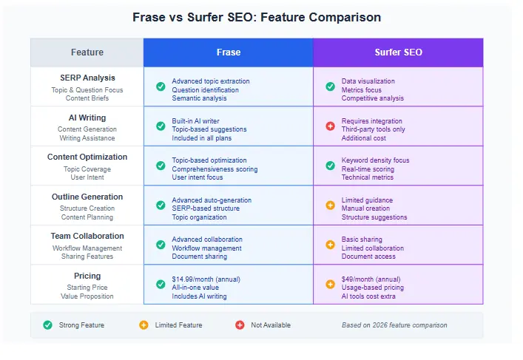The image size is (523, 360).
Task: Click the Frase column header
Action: [x=228, y=52]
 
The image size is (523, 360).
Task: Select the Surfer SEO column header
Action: [x=398, y=52]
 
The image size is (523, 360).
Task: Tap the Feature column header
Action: [x=87, y=52]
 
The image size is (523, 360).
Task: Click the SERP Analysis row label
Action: [x=87, y=78]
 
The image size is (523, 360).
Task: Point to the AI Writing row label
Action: [x=87, y=118]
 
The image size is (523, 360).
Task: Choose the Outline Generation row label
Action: [x=87, y=197]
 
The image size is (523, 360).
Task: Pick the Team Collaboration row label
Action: [x=87, y=237]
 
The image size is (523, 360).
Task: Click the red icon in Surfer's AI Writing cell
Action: [x=330, y=126]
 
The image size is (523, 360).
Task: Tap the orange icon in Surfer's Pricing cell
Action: [x=330, y=285]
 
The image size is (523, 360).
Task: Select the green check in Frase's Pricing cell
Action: [x=161, y=285]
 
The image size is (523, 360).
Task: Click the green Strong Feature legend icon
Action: [x=48, y=325]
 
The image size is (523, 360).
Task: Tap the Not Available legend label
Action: [x=271, y=325]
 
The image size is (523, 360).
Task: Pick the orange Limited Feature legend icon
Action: [x=144, y=325]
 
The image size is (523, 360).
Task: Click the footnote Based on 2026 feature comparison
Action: [x=394, y=325]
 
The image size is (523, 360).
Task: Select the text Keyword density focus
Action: [x=375, y=160]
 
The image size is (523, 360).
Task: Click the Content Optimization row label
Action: [x=87, y=157]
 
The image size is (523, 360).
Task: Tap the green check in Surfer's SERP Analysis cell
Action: [x=330, y=86]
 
